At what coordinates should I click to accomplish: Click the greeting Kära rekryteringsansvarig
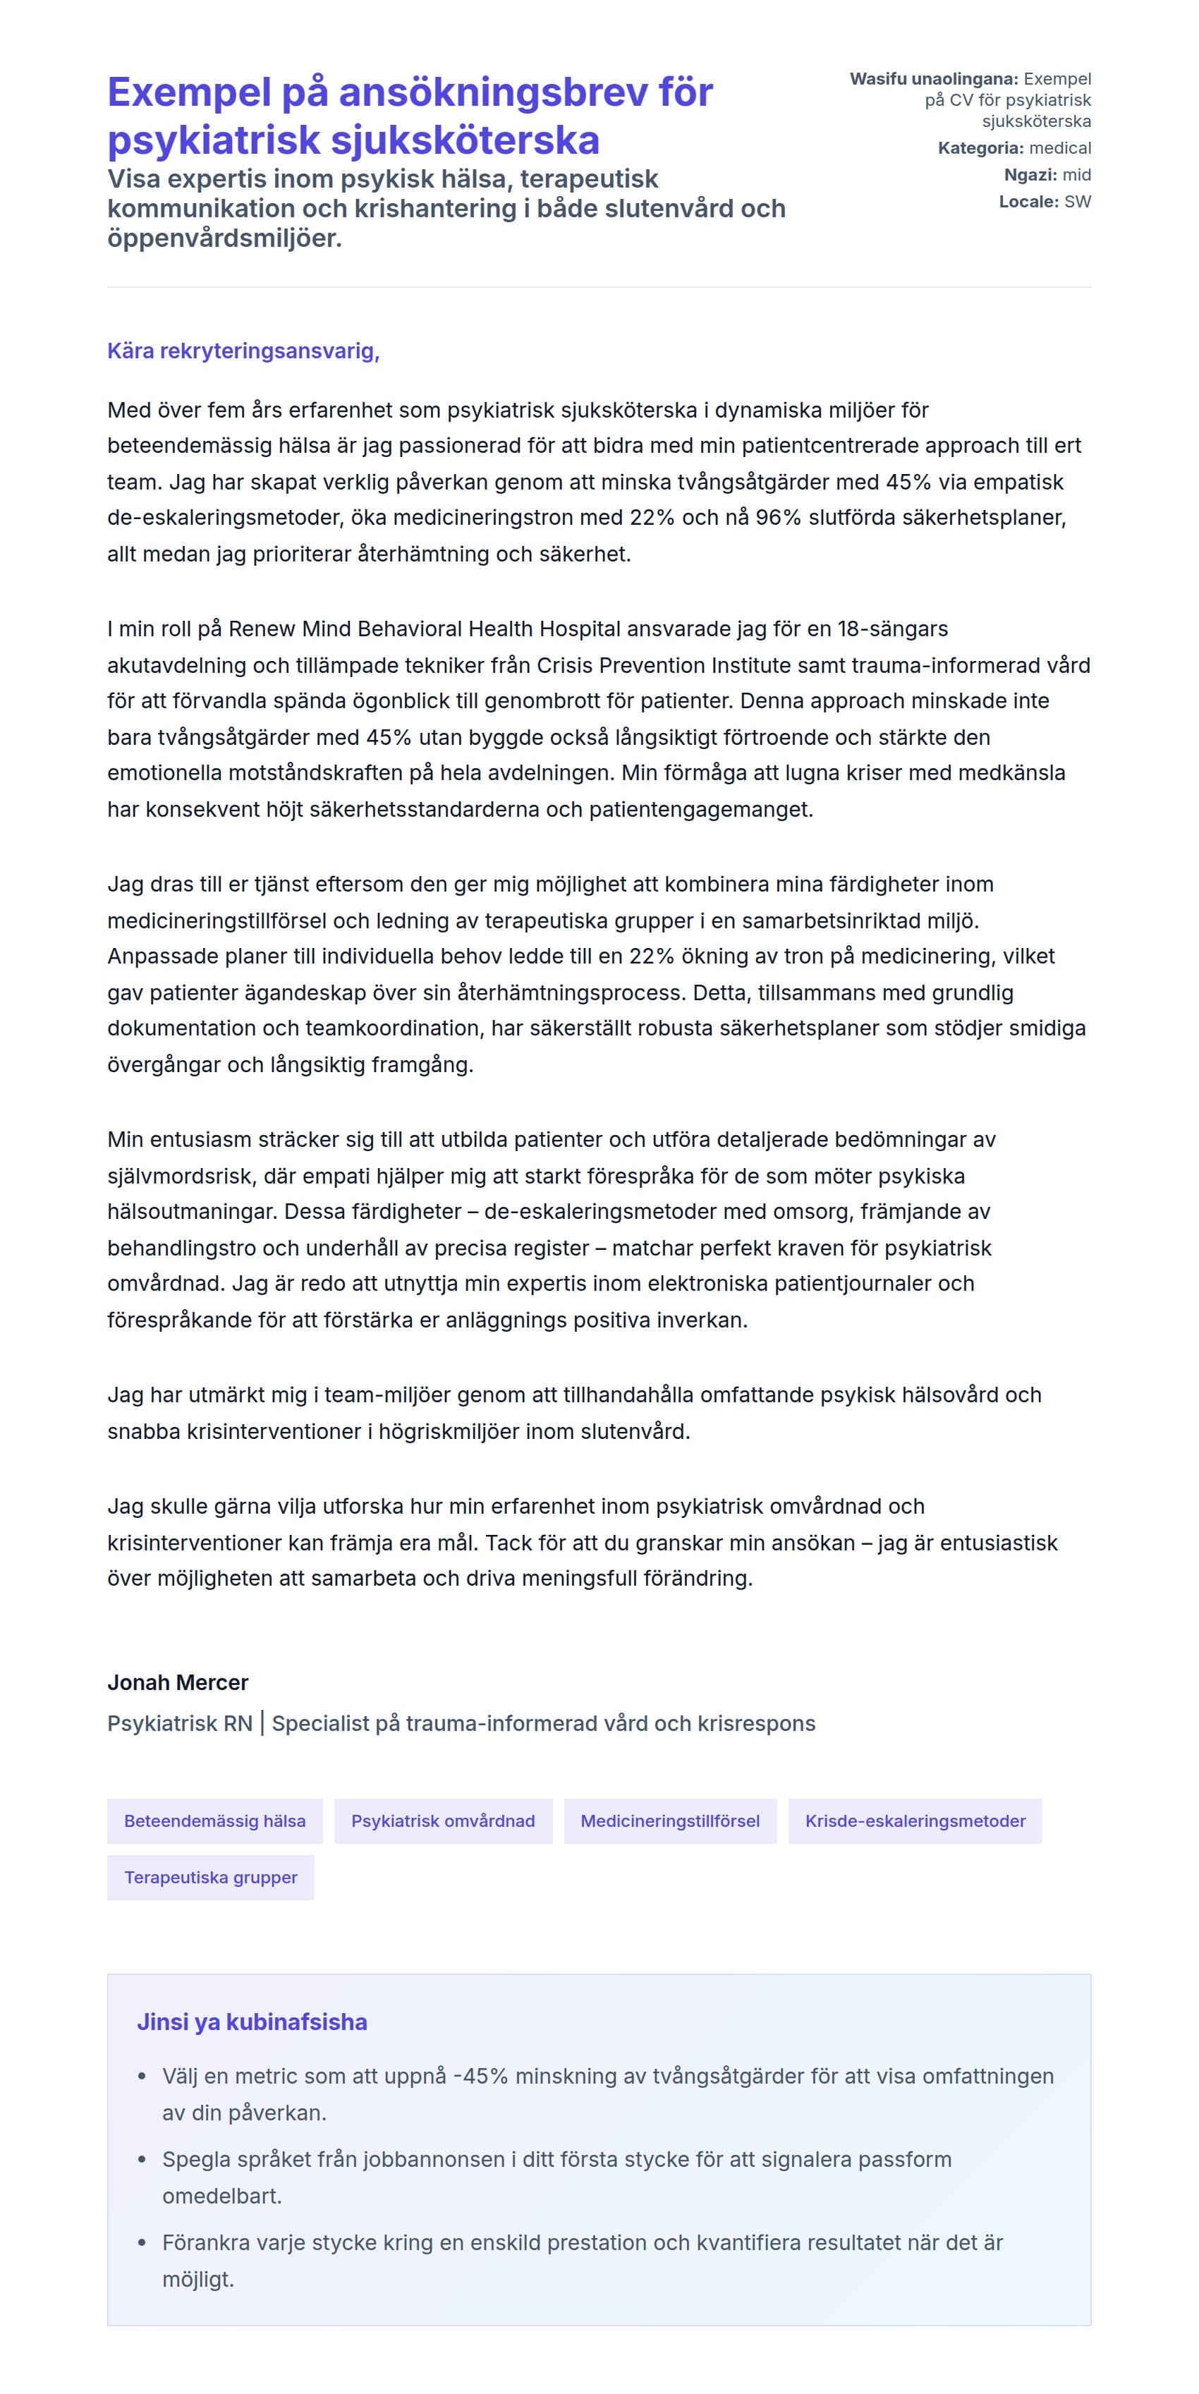point(243,351)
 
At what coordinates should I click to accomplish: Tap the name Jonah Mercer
point(178,1682)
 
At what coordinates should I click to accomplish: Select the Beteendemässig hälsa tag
point(214,1821)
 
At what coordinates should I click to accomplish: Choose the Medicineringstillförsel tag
point(669,1821)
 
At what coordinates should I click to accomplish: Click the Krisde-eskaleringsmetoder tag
point(915,1821)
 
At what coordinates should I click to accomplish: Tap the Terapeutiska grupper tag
point(211,1877)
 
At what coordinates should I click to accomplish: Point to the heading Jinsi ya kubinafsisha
point(252,2022)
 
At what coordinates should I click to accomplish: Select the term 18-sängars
point(892,629)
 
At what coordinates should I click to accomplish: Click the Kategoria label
point(980,147)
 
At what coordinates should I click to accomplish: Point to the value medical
point(1061,147)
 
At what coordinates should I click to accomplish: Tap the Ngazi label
point(1030,175)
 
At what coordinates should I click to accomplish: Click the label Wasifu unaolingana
point(933,79)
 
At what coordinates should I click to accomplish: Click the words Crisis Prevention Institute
point(667,665)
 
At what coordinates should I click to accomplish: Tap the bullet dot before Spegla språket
point(142,2160)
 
